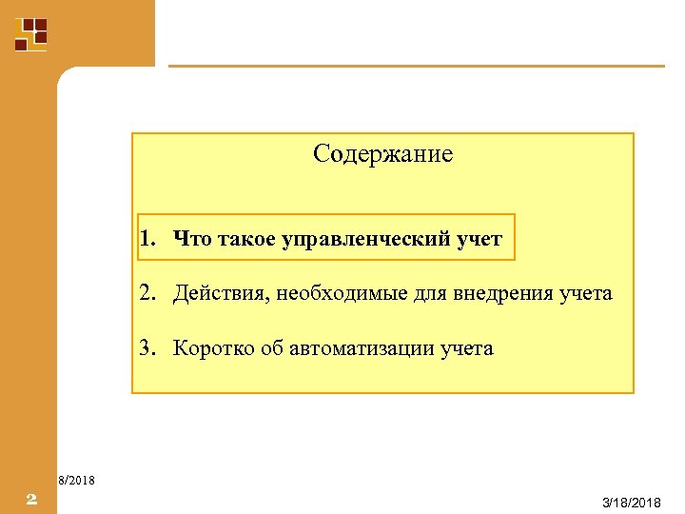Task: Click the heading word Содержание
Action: tap(382, 153)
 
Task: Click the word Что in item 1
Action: tap(192, 238)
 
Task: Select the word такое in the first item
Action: tap(247, 238)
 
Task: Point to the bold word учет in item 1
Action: tap(479, 238)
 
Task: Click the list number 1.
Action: tap(145, 238)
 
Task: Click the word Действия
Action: tap(221, 293)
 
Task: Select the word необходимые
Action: tap(342, 293)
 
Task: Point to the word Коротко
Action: tap(214, 347)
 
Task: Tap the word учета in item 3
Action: tap(467, 347)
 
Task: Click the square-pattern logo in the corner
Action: tap(30, 32)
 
